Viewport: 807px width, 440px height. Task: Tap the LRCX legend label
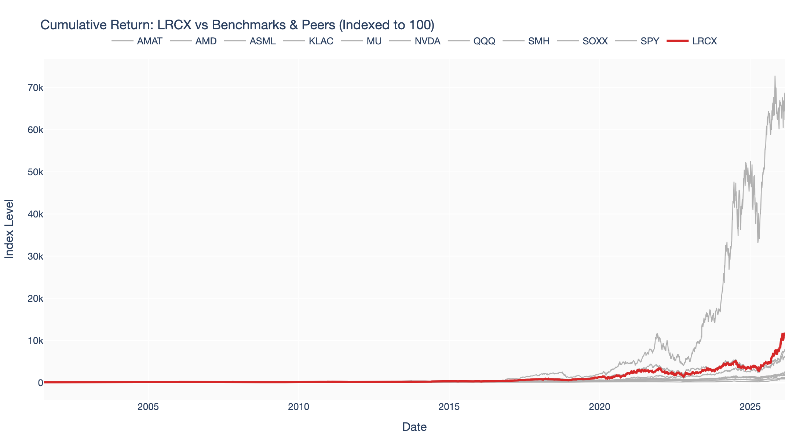click(x=704, y=41)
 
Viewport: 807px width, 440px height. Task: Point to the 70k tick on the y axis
click(x=35, y=88)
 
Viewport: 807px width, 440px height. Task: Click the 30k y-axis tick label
click(x=35, y=256)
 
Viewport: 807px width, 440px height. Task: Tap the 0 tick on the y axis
click(x=40, y=383)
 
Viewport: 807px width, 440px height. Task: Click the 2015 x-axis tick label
click(x=449, y=407)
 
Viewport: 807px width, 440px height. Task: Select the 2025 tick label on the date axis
click(x=750, y=407)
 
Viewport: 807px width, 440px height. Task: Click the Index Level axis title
click(x=9, y=229)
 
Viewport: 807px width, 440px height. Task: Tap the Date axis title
click(x=414, y=427)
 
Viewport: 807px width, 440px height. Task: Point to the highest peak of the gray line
click(x=775, y=76)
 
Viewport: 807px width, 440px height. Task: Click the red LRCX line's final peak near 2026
click(x=784, y=334)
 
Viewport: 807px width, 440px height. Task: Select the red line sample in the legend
click(x=677, y=41)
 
